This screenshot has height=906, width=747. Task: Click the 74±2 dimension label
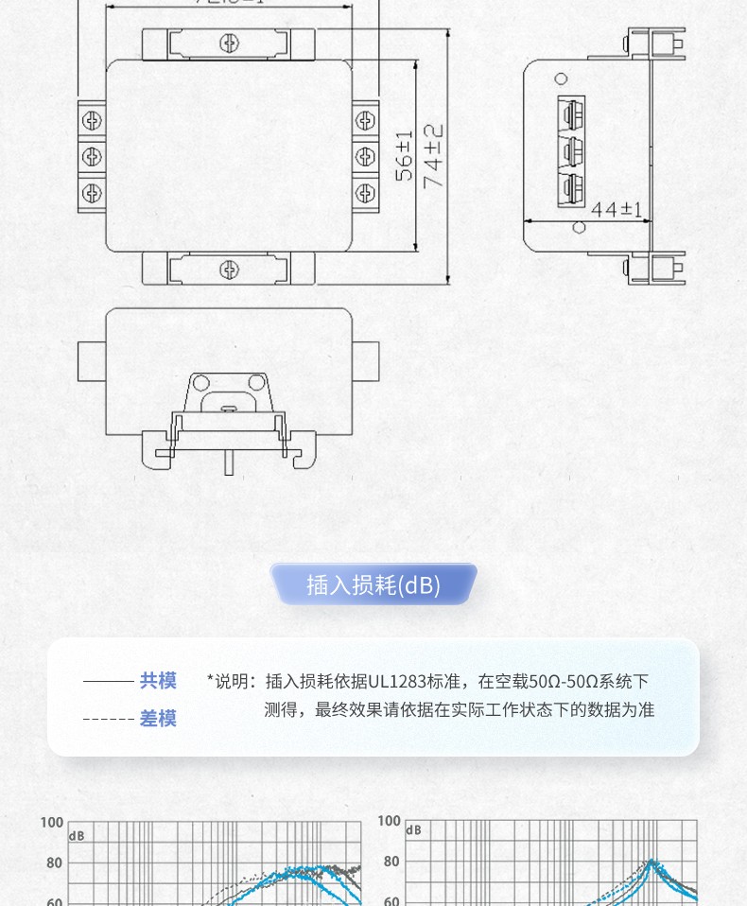click(434, 156)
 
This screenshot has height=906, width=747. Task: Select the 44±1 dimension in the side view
click(616, 209)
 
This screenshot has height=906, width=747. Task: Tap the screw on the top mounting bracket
click(228, 43)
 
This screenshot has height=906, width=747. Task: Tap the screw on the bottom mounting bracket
click(229, 270)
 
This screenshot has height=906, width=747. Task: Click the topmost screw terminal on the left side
click(92, 120)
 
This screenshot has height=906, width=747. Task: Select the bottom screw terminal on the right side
click(364, 192)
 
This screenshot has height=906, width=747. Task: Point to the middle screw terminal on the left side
click(92, 156)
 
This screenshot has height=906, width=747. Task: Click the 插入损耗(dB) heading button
click(373, 585)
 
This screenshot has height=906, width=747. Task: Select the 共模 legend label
click(158, 681)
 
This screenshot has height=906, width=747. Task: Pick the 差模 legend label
click(158, 719)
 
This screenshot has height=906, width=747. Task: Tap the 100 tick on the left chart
click(51, 823)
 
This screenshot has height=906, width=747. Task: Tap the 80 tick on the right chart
click(391, 862)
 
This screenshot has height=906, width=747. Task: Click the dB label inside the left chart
click(77, 836)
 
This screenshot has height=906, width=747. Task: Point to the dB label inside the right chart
click(414, 830)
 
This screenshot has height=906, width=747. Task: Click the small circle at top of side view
click(561, 79)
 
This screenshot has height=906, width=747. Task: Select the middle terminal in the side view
click(568, 149)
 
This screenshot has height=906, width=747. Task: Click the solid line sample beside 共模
click(108, 681)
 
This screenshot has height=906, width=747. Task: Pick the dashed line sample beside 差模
click(108, 719)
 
